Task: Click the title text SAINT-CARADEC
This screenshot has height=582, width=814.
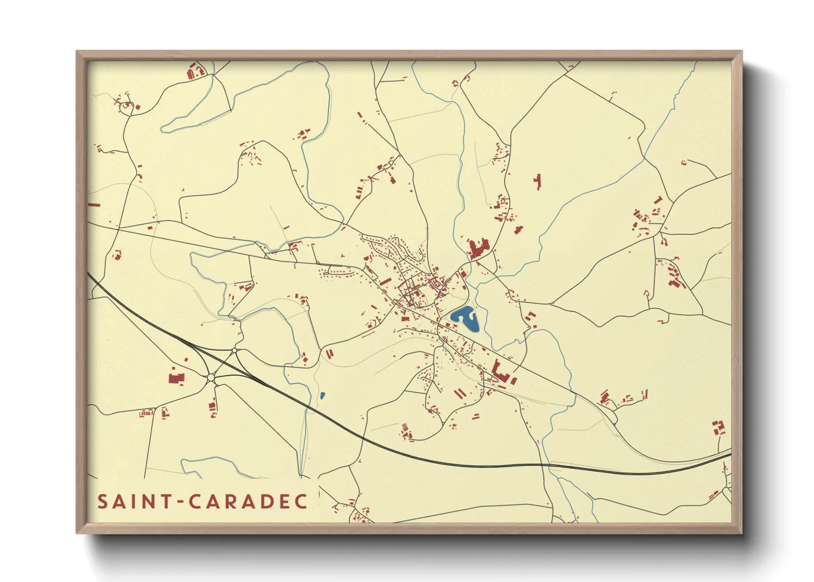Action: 202,502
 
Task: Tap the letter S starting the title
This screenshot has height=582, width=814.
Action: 102,502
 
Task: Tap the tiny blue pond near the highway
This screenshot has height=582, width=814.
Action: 322,395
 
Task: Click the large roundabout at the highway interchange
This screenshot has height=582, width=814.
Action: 211,377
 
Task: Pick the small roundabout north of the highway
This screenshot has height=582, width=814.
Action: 235,350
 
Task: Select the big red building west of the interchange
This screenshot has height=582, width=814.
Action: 176,378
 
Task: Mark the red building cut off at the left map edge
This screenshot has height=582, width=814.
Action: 94,205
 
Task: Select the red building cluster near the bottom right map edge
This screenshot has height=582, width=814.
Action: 718,427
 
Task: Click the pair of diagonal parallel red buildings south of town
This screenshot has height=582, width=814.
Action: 459,393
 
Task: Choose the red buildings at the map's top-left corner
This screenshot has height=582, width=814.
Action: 195,72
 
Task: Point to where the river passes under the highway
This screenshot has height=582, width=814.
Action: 544,465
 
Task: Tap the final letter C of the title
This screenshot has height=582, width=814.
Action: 301,502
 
